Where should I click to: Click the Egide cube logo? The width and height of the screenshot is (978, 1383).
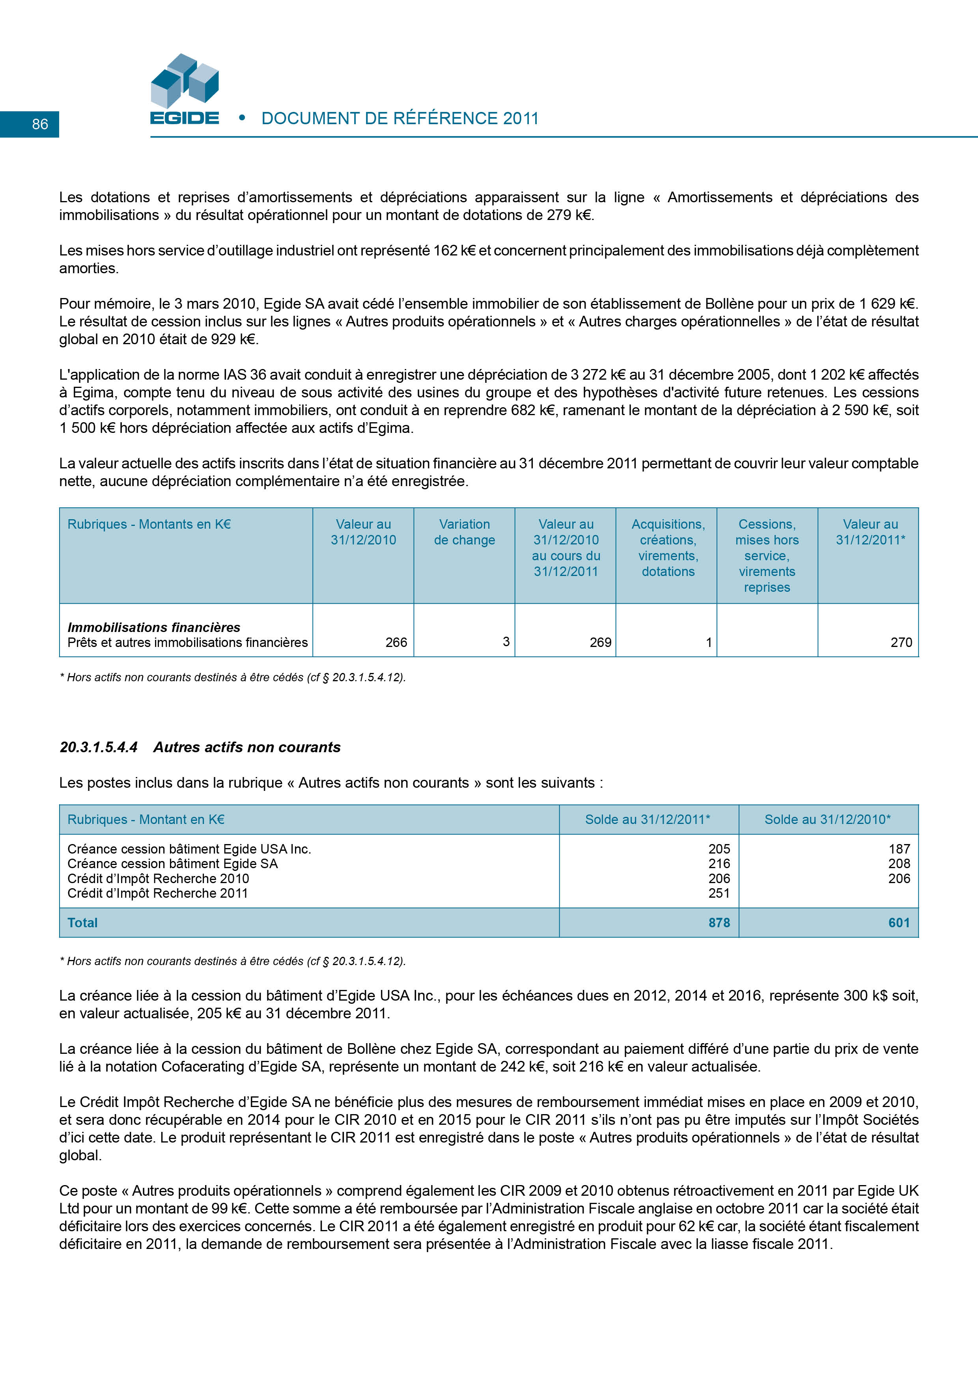[185, 81]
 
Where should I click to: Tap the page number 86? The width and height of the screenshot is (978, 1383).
[40, 124]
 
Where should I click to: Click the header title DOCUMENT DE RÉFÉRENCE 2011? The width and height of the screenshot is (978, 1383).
[399, 119]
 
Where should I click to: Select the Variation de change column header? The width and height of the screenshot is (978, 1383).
[464, 533]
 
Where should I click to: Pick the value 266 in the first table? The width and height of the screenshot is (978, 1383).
[396, 642]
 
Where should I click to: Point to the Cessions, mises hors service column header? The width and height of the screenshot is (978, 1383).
[767, 555]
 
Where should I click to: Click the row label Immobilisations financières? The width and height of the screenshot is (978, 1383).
[154, 627]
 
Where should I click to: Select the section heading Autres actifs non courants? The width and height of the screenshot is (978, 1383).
[246, 747]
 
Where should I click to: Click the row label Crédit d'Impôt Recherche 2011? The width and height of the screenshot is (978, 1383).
[158, 893]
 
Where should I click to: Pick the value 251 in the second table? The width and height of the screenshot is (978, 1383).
[719, 893]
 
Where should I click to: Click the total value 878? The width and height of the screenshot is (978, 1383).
[719, 923]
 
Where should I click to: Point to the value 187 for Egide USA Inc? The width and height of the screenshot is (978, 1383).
[899, 849]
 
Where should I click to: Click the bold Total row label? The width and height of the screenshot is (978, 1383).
[82, 923]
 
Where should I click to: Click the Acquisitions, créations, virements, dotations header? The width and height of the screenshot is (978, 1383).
[668, 548]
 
